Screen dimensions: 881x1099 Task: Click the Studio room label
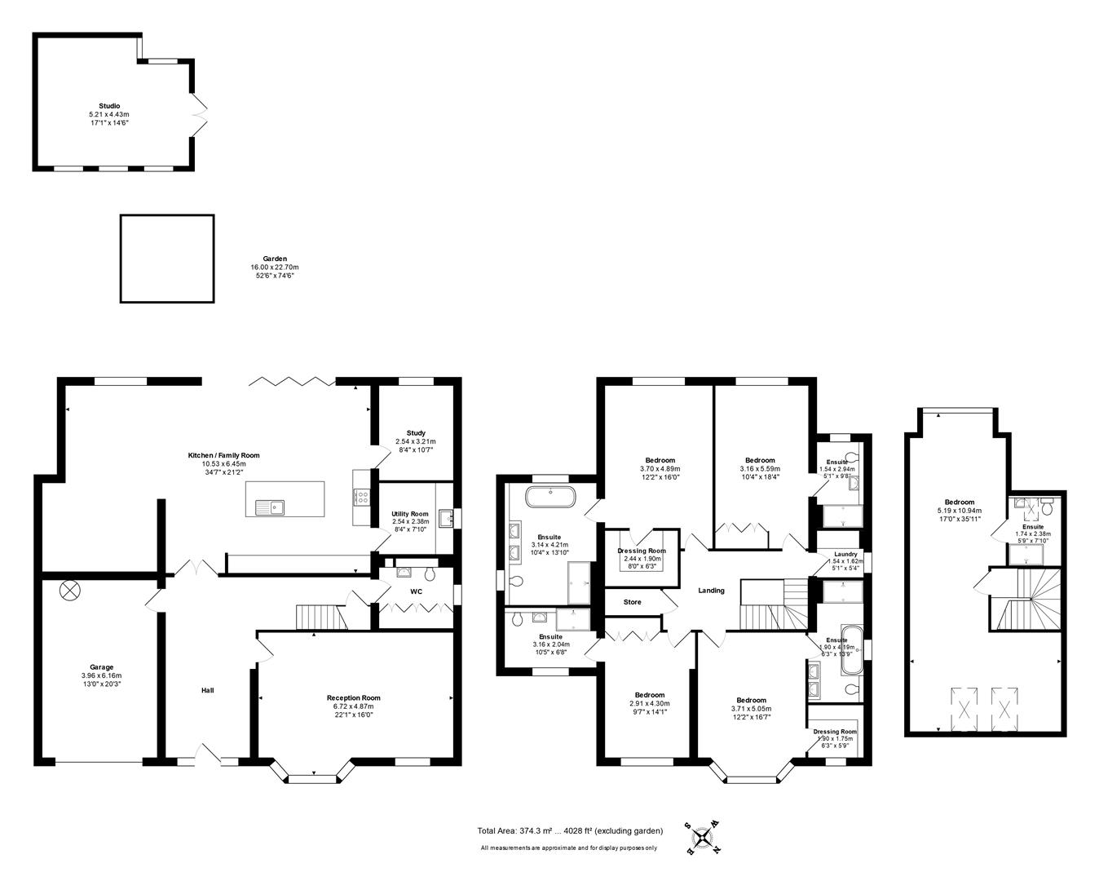click(x=109, y=106)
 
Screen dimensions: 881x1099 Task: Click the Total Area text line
click(x=570, y=830)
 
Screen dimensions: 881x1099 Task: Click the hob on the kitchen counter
click(x=362, y=495)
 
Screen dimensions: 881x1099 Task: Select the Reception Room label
click(x=353, y=697)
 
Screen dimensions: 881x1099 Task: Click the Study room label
click(x=416, y=433)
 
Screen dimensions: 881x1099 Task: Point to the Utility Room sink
click(x=445, y=517)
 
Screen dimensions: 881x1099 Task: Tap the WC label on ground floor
click(x=416, y=591)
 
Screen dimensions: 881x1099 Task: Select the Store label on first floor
click(x=632, y=602)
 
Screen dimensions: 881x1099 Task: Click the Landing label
click(x=711, y=591)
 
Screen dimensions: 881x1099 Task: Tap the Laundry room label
click(x=845, y=554)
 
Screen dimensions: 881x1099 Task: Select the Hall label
click(x=208, y=691)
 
